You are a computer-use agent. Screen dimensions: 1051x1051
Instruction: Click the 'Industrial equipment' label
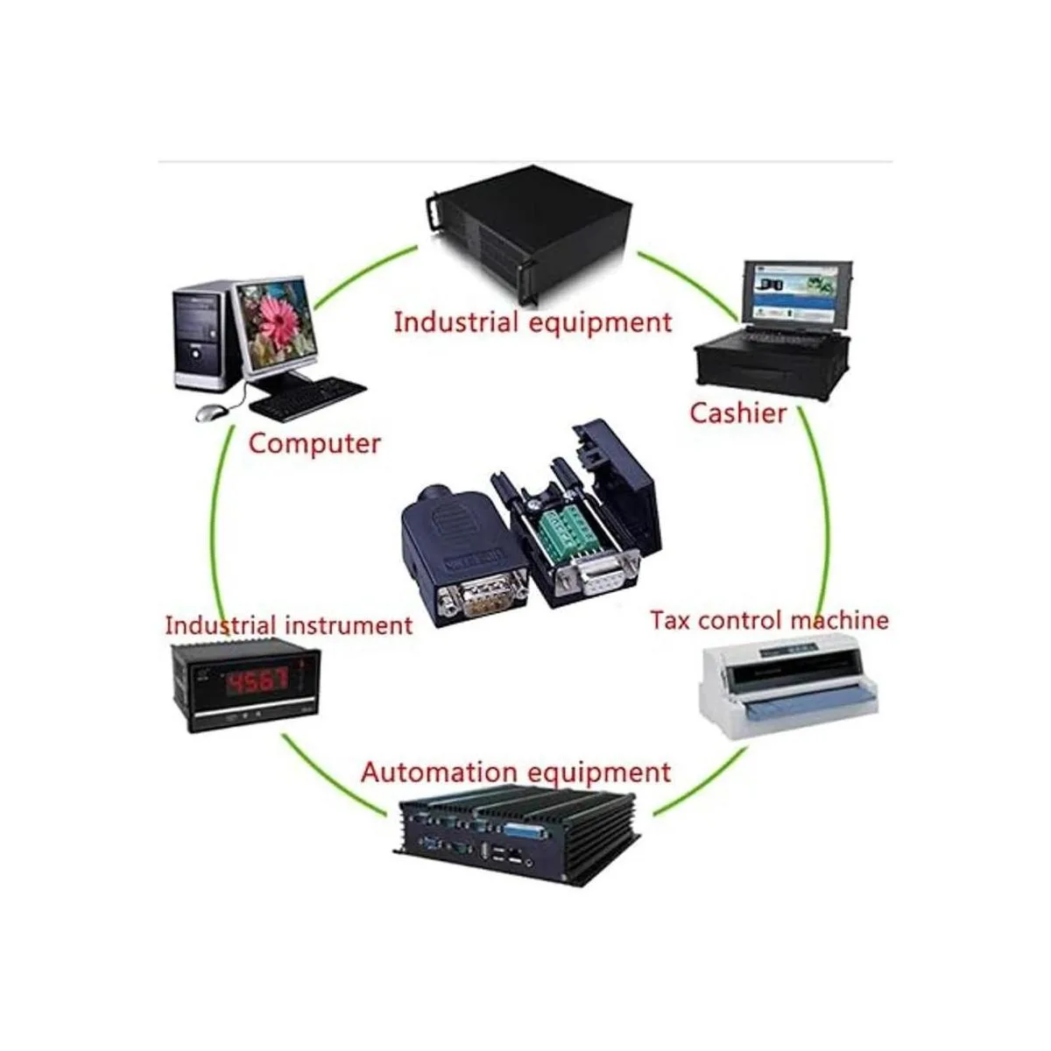[x=533, y=321]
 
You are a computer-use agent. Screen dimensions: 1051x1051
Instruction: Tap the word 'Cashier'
[x=737, y=413]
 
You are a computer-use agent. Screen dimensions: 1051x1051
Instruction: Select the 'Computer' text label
[x=314, y=443]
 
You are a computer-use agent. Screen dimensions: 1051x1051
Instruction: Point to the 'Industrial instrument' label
[x=288, y=625]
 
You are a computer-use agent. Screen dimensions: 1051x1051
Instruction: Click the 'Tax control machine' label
[x=769, y=620]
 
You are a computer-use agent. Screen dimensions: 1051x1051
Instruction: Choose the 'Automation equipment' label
[x=516, y=772]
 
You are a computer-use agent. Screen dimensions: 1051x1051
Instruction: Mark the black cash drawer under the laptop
[x=771, y=363]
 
